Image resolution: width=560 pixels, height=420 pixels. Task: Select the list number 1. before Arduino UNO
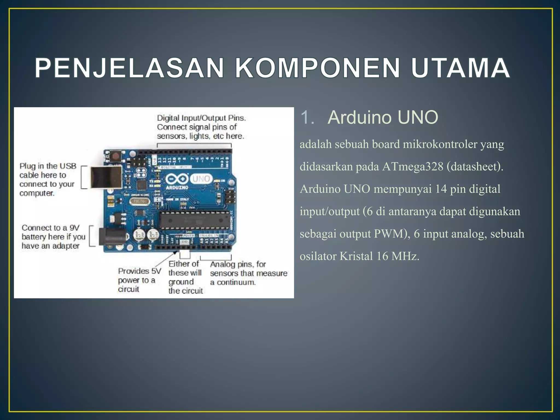[307, 117]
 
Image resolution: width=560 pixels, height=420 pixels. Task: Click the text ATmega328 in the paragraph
[413, 167]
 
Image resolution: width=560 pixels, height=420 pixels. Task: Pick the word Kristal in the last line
[356, 256]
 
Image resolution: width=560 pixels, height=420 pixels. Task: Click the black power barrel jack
[112, 236]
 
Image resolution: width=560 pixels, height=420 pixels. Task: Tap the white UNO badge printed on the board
[201, 179]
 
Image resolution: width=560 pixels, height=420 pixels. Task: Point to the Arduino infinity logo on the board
[177, 179]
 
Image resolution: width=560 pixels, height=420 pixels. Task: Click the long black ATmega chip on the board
[194, 220]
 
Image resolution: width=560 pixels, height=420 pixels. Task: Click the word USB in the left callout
[68, 166]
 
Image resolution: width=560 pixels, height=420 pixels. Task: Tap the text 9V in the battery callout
[74, 228]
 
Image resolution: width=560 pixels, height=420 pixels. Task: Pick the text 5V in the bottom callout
[156, 271]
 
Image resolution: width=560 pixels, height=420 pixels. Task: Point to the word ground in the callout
[181, 282]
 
